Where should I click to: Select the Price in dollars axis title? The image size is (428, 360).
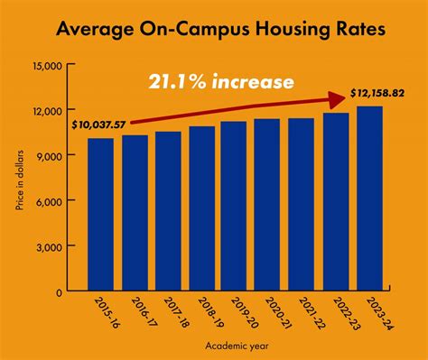click(18, 185)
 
